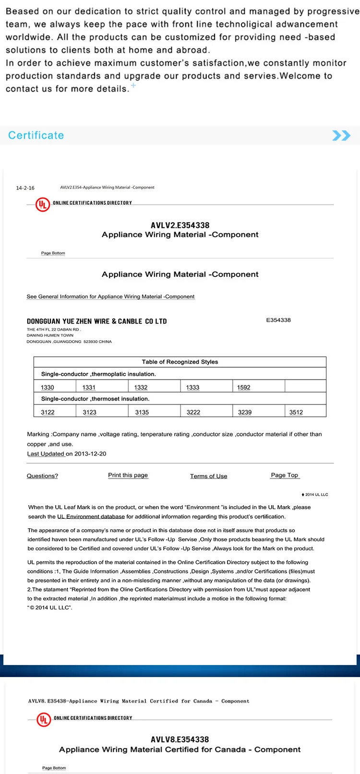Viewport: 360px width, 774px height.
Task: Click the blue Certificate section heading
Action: [x=36, y=135]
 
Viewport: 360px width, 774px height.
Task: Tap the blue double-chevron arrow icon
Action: [x=341, y=135]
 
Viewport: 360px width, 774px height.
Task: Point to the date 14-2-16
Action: [x=25, y=188]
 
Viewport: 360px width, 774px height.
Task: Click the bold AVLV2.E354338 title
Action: [x=180, y=225]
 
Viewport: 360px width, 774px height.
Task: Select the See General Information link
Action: [x=110, y=297]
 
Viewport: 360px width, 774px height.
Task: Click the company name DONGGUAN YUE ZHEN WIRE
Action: [x=96, y=321]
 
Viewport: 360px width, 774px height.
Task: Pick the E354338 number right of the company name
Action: [x=278, y=320]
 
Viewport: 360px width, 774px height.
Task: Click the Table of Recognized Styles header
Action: [x=180, y=362]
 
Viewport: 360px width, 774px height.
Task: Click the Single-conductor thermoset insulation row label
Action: [x=96, y=399]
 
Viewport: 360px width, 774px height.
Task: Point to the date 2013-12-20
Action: [x=90, y=453]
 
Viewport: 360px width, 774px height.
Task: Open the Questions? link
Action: [x=42, y=476]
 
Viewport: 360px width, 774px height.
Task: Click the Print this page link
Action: [x=128, y=475]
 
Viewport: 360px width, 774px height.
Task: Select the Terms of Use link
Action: [x=209, y=476]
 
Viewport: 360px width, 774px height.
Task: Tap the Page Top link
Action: [x=285, y=475]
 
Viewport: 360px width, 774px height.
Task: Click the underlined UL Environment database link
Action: [x=91, y=517]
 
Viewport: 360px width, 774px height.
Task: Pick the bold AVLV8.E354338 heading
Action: [x=180, y=739]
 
